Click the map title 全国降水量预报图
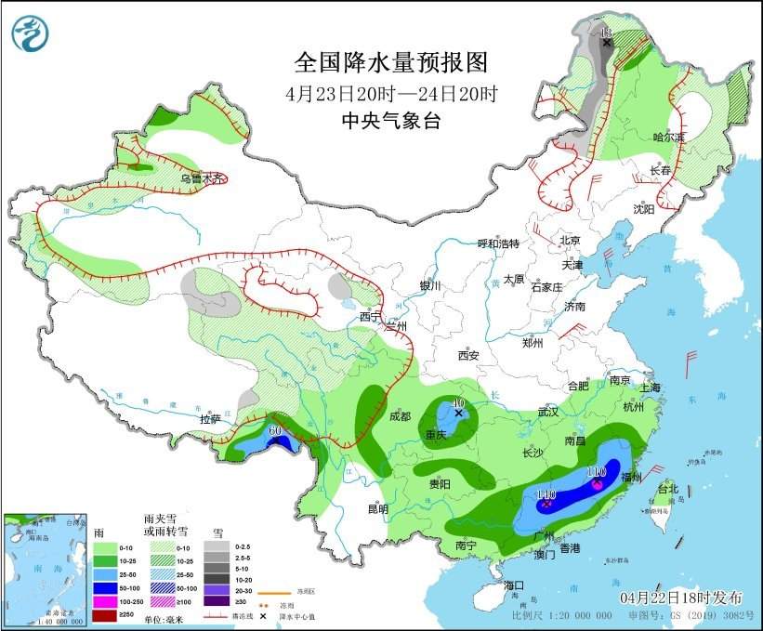click(x=390, y=62)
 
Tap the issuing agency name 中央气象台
click(x=390, y=121)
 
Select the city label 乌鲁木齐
click(x=202, y=178)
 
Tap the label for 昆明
click(x=377, y=508)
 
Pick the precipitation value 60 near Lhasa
click(x=274, y=429)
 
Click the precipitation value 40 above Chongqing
click(x=457, y=403)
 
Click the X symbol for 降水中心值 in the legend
click(x=264, y=615)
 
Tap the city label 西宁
click(x=371, y=317)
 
